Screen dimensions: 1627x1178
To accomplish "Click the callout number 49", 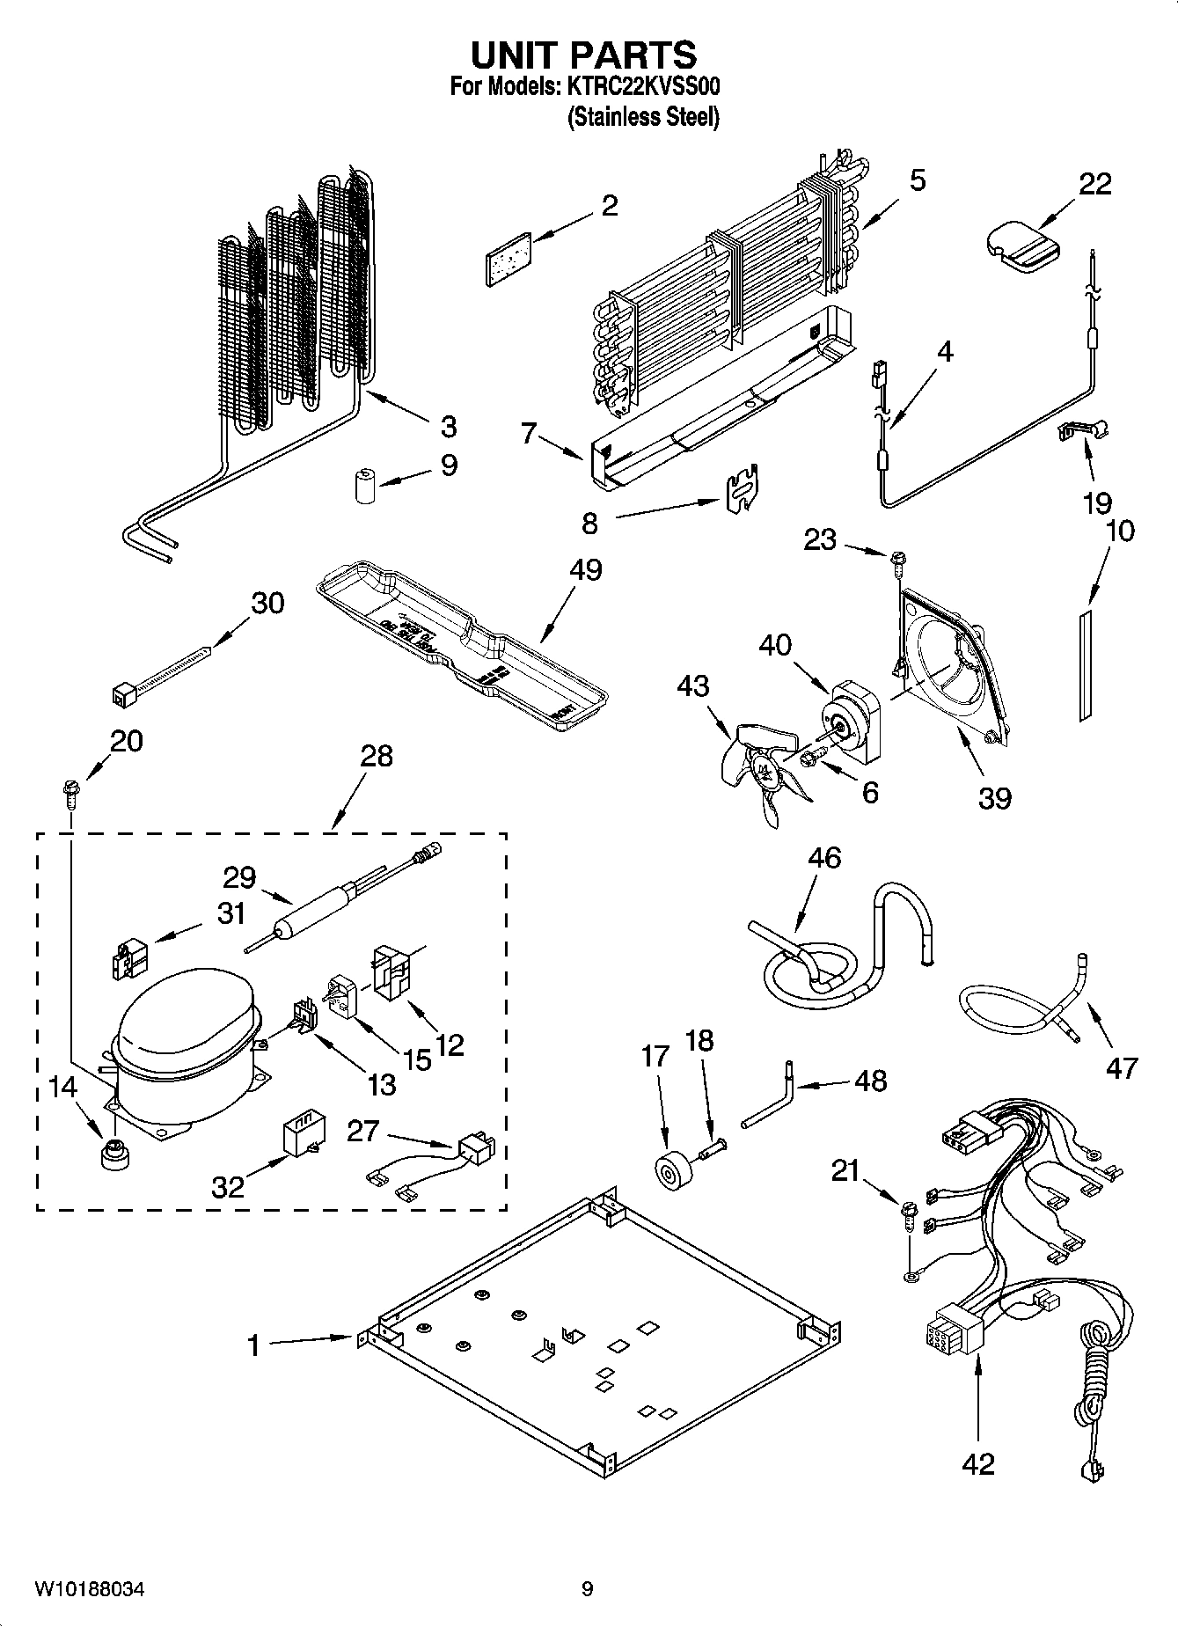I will point(585,569).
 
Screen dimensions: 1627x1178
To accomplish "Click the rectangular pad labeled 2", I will point(509,258).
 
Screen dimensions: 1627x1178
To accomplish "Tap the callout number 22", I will point(1095,183).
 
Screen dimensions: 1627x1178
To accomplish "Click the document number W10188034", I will point(89,1588).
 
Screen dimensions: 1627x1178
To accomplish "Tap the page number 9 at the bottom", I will point(587,1588).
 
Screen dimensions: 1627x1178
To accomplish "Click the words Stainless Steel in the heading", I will point(643,117).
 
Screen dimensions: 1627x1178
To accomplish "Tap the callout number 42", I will point(977,1463).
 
